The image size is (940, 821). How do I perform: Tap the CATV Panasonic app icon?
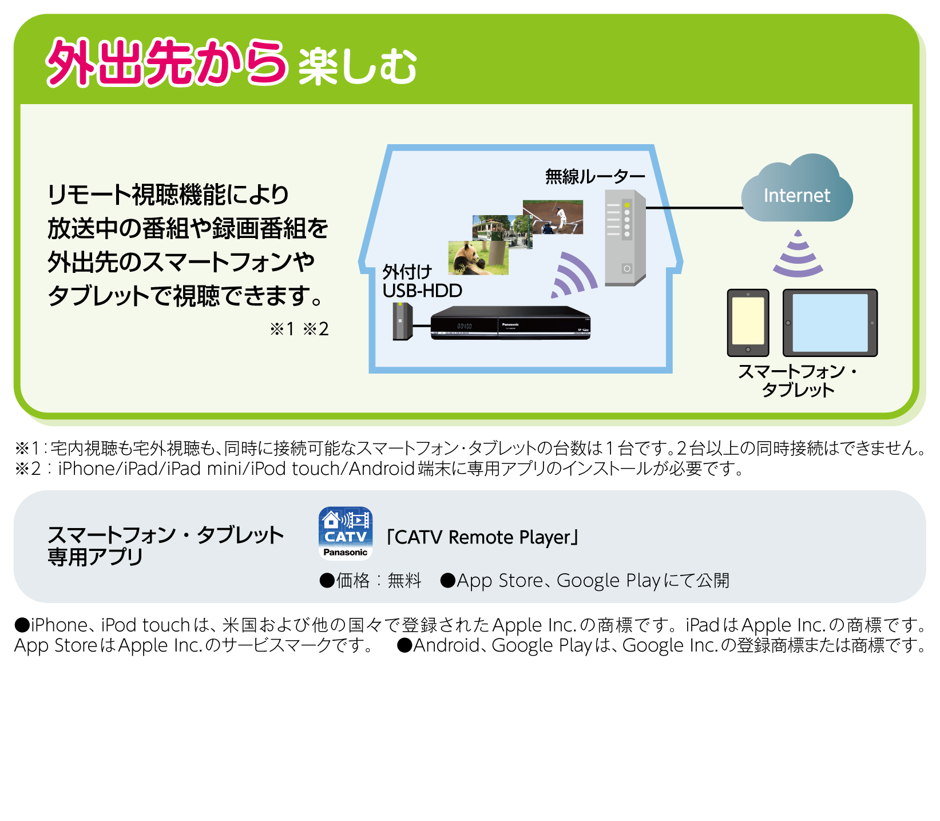point(346,533)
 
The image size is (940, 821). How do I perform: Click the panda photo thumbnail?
point(478,257)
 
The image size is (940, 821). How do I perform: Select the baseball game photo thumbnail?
point(553,217)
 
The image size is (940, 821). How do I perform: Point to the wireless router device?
point(625,237)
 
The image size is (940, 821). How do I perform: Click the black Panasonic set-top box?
point(510,323)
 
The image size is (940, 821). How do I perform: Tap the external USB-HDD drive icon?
point(403,322)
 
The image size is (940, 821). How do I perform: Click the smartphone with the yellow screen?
point(748,323)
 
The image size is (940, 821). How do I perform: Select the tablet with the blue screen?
point(830,323)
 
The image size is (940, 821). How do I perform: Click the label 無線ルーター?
point(595,176)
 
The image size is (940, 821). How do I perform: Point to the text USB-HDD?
point(422,291)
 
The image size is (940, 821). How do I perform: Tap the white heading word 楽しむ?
point(358,67)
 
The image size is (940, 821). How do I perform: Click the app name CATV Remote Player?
point(482,537)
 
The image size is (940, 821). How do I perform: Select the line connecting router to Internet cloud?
point(695,208)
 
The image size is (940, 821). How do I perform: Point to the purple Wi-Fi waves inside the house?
point(572,275)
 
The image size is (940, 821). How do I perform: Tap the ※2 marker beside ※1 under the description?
point(316,329)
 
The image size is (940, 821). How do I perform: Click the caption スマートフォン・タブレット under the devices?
point(798,380)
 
